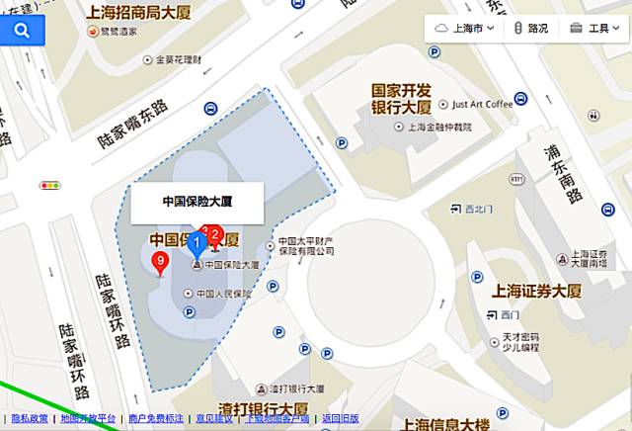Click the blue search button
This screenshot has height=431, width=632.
pos(22,31)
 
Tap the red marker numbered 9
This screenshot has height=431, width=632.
pos(160,262)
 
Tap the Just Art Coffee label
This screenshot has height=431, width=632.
pos(483,104)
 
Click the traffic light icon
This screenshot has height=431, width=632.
pos(49,185)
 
